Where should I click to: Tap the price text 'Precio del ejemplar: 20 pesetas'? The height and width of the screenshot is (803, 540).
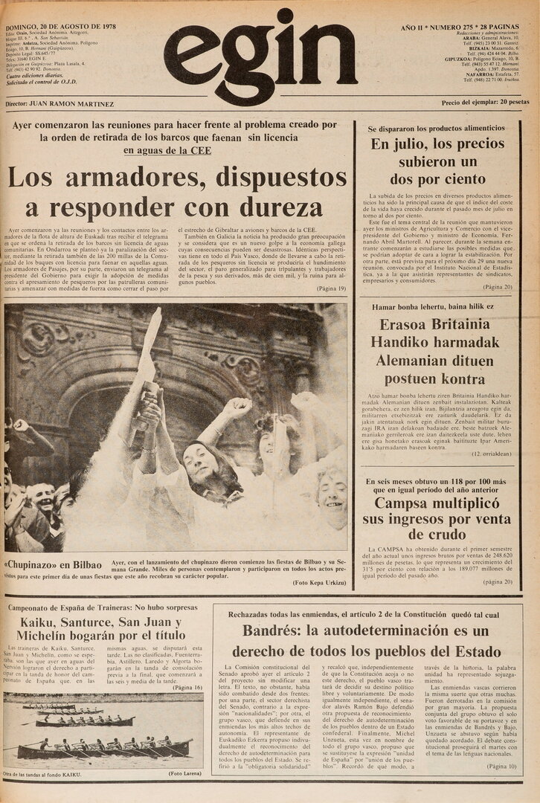pyautogui.click(x=485, y=103)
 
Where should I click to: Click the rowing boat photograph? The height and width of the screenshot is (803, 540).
pyautogui.click(x=104, y=732)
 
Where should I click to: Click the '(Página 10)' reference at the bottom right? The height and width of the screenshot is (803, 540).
pyautogui.click(x=504, y=766)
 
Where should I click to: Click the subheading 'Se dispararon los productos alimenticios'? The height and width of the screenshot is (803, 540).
pyautogui.click(x=436, y=128)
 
